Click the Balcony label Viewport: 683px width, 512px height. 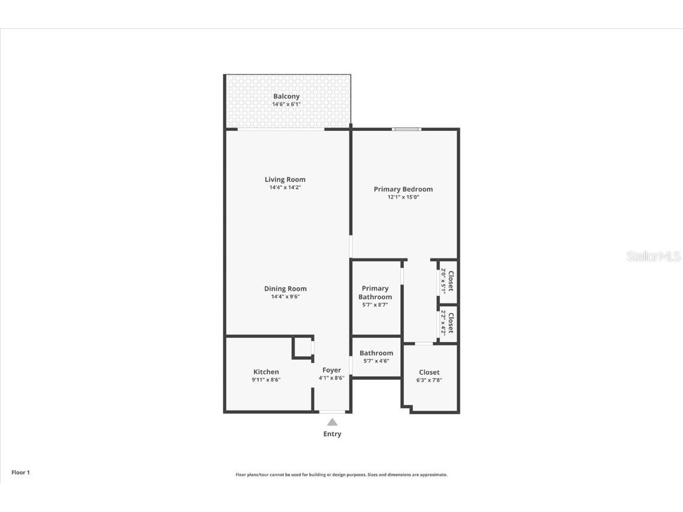click(286, 97)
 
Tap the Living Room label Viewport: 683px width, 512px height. click(285, 180)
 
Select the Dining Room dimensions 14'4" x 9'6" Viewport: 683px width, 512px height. click(285, 297)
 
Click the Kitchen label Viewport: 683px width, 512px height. click(266, 372)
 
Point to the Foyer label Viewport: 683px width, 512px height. click(331, 370)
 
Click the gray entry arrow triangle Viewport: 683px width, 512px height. click(333, 422)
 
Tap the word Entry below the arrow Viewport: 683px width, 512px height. click(333, 434)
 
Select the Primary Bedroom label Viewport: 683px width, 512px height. click(403, 189)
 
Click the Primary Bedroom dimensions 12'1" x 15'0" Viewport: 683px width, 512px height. click(403, 197)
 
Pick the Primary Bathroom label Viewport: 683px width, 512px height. click(375, 293)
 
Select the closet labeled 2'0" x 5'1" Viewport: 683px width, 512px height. click(448, 281)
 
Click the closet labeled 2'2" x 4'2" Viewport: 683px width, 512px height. click(448, 324)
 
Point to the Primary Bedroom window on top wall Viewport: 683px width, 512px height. click(407, 129)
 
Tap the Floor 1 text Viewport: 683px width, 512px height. click(21, 472)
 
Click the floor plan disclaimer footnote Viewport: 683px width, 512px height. click(341, 475)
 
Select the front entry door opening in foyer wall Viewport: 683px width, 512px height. click(332, 411)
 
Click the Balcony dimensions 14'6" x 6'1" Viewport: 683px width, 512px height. click(286, 104)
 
